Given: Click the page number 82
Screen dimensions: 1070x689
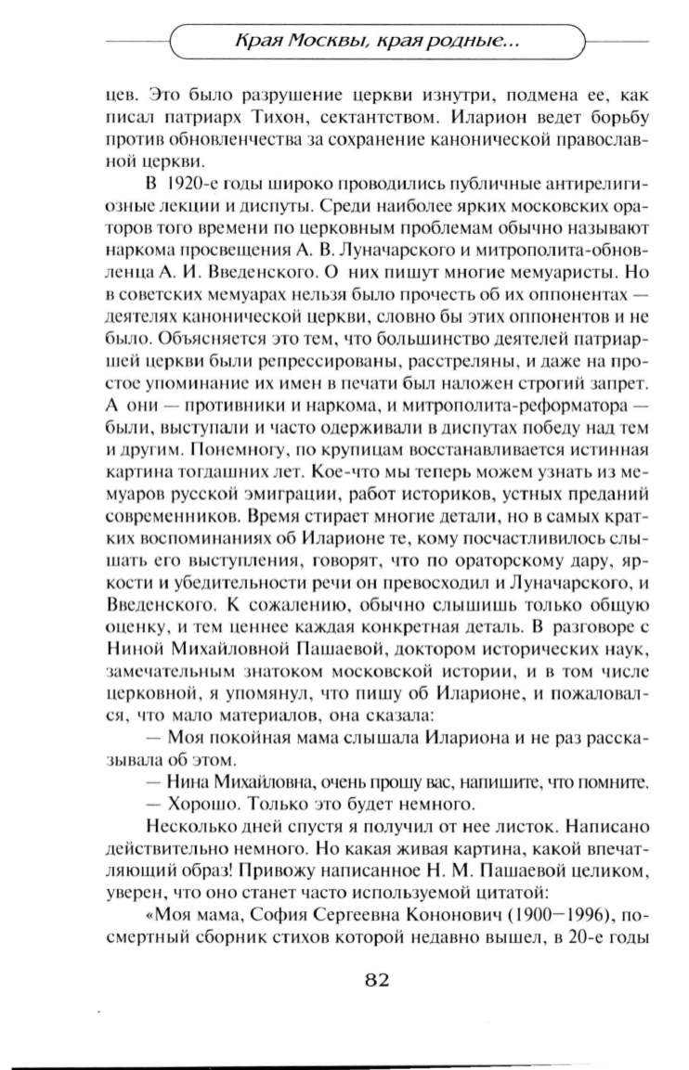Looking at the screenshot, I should click(367, 981).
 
